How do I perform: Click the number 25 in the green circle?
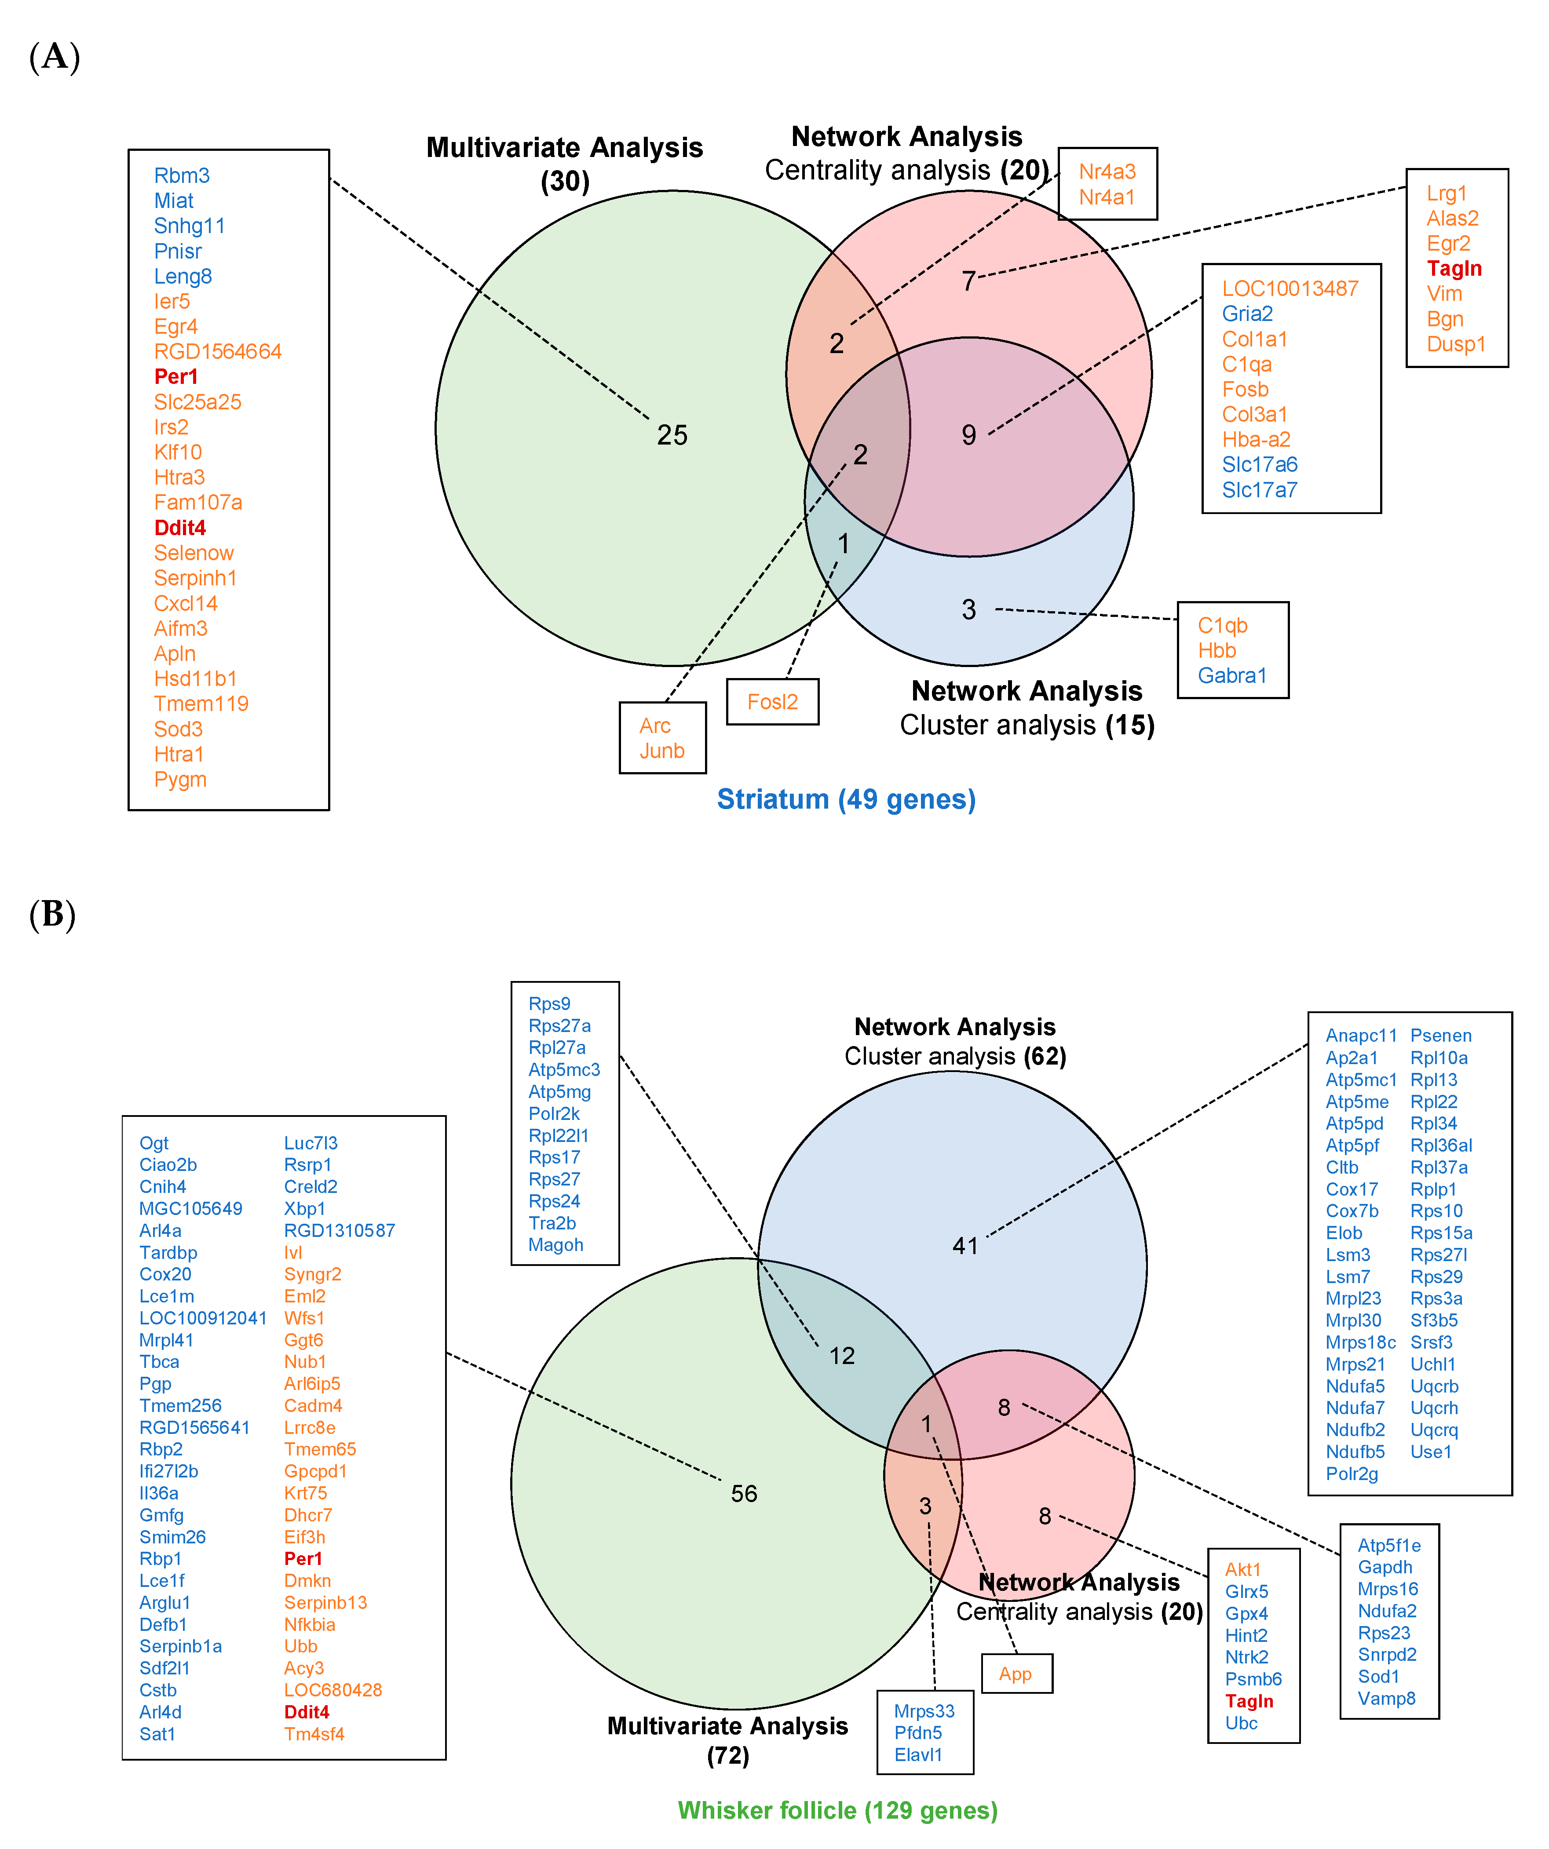[672, 435]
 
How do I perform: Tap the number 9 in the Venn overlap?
[969, 435]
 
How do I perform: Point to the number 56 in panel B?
[744, 1493]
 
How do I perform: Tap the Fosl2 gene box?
[772, 702]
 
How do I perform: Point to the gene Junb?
[661, 751]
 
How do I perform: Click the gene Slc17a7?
[1259, 490]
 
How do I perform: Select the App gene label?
[1016, 1674]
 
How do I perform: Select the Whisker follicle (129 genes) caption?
[837, 1810]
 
